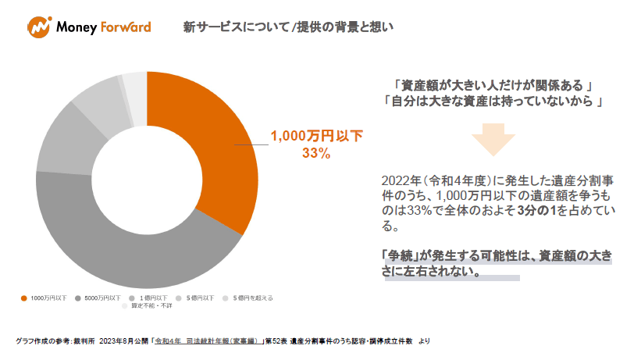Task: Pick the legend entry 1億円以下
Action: tap(151, 298)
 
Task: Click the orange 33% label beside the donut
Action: tap(316, 154)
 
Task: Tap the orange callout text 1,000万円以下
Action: tap(316, 137)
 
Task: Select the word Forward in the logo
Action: tap(126, 28)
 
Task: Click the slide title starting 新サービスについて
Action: tap(288, 27)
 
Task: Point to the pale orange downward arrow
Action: tap(493, 141)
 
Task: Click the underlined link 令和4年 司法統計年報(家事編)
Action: tap(206, 341)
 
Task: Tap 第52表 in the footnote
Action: tap(276, 341)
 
